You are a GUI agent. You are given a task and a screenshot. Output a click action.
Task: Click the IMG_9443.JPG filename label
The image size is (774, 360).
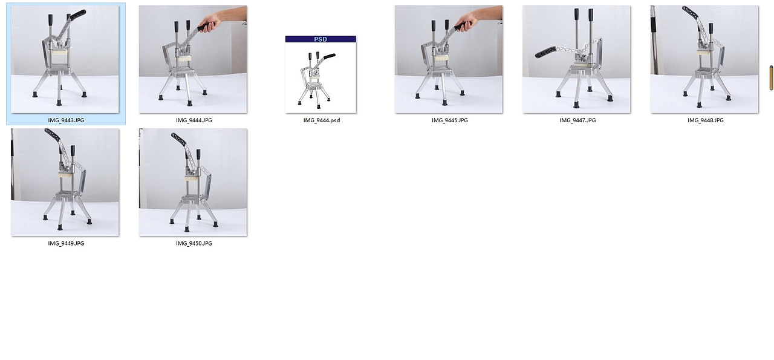(66, 120)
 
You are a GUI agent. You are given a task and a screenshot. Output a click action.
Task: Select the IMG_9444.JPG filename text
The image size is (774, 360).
(194, 120)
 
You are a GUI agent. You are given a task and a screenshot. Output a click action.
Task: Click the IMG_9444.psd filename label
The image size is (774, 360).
(322, 120)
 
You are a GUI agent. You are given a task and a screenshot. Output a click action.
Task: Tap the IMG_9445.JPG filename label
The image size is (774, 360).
(449, 120)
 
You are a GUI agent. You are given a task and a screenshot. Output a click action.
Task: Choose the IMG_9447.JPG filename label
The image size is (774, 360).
(577, 120)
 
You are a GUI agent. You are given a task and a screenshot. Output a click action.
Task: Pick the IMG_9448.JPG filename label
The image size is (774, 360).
(705, 120)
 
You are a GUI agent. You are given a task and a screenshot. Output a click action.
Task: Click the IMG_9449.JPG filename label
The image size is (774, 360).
(66, 243)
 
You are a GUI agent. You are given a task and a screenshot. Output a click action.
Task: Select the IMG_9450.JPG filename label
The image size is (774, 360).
(194, 243)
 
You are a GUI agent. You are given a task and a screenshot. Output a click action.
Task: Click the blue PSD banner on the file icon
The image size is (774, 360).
(320, 39)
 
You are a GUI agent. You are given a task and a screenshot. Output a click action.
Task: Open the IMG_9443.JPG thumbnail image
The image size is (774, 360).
(65, 59)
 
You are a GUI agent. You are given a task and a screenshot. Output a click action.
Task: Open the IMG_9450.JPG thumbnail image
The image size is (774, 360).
(193, 182)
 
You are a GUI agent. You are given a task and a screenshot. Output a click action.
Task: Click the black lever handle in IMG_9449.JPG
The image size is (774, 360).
(53, 134)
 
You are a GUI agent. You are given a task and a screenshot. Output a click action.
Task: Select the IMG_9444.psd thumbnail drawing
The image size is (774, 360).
(320, 77)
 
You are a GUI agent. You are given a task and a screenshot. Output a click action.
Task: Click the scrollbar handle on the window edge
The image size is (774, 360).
(771, 78)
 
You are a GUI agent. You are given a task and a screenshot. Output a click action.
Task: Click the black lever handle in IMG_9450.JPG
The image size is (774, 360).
(180, 139)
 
